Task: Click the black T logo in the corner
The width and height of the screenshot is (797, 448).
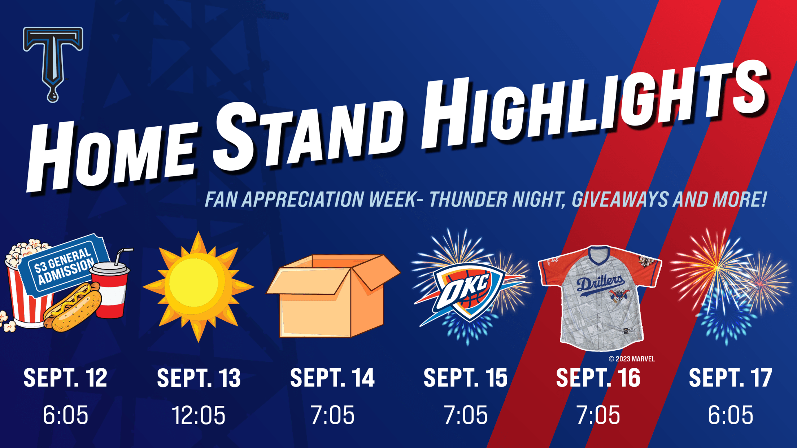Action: pyautogui.click(x=53, y=61)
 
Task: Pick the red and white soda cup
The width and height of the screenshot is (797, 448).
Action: pyautogui.click(x=110, y=285)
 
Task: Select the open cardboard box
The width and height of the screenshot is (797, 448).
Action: pyautogui.click(x=333, y=296)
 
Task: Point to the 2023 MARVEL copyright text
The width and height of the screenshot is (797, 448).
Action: pyautogui.click(x=632, y=359)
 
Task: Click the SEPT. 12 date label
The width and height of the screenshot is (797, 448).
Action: pyautogui.click(x=65, y=378)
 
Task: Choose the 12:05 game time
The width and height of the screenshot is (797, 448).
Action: pyautogui.click(x=199, y=415)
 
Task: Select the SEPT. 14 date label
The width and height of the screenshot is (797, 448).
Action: pyautogui.click(x=332, y=378)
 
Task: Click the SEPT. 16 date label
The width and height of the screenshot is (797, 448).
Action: pyautogui.click(x=598, y=378)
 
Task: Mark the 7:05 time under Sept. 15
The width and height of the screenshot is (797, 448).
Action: pyautogui.click(x=466, y=415)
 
